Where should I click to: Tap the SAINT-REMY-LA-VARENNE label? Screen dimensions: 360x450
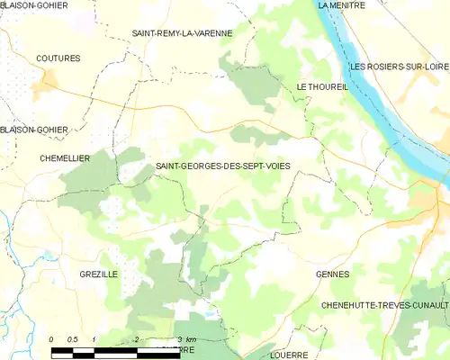pyautogui.click(x=182, y=33)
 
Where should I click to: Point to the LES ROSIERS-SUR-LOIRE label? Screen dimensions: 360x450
pyautogui.click(x=399, y=67)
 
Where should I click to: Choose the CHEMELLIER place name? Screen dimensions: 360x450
pyautogui.click(x=65, y=158)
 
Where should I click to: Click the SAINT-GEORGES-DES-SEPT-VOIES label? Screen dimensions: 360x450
pyautogui.click(x=223, y=166)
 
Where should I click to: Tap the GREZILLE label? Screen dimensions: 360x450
pyautogui.click(x=98, y=274)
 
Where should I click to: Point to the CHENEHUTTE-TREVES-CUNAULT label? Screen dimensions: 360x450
pyautogui.click(x=384, y=306)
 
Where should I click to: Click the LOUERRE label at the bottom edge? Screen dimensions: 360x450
pyautogui.click(x=288, y=355)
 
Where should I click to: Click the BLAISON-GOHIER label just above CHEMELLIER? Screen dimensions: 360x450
pyautogui.click(x=34, y=130)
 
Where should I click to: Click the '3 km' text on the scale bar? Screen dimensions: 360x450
pyautogui.click(x=186, y=339)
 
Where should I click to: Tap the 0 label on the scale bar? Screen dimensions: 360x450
pyautogui.click(x=52, y=339)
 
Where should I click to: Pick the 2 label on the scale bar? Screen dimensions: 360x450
pyautogui.click(x=136, y=339)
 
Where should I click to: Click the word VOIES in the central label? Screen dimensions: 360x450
pyautogui.click(x=274, y=166)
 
